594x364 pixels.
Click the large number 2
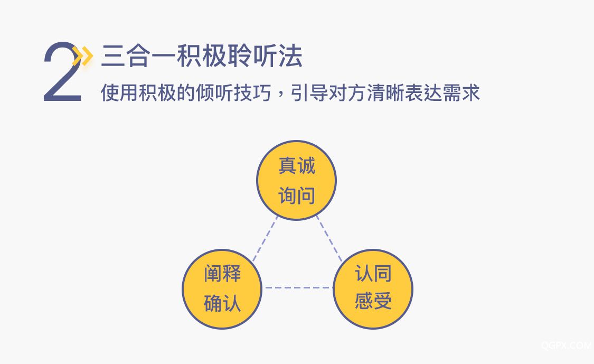point(62,72)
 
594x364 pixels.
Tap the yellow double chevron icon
point(83,56)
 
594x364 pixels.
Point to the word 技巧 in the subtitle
point(253,93)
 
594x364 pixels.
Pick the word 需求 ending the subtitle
point(461,93)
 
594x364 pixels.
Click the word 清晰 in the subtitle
point(385,93)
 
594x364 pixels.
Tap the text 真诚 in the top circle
point(297,166)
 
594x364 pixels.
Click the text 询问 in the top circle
point(297,195)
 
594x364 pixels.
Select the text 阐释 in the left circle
point(222,273)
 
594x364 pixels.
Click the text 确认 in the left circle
point(222,303)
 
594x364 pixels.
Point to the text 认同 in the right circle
point(373,273)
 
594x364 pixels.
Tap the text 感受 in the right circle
point(373,301)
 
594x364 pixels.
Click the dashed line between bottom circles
point(298,288)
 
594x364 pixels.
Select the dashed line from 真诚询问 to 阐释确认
point(265,239)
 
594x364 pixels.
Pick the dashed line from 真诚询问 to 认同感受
point(329,238)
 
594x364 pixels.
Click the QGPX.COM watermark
point(567,346)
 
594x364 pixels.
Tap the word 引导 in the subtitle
point(309,93)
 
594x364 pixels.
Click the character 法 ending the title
point(290,57)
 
